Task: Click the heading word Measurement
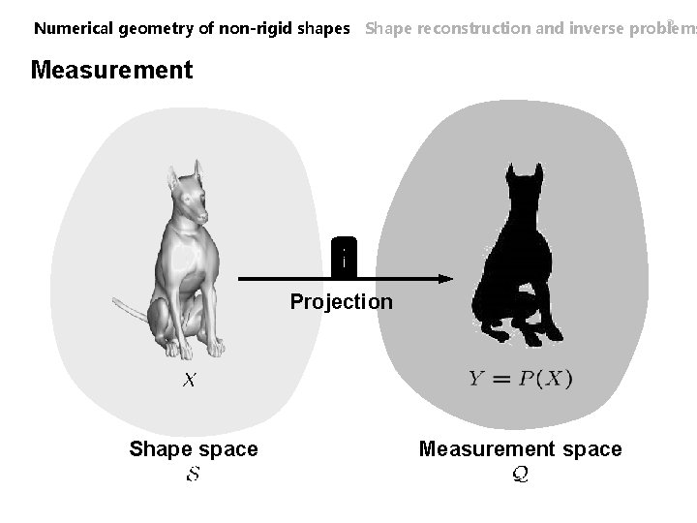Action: pos(112,71)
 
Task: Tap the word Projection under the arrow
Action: pos(342,302)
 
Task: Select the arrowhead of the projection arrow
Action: pos(444,279)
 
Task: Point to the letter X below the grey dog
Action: pos(191,381)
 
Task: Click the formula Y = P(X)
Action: pos(521,379)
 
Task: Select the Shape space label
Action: pos(194,449)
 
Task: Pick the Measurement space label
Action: pos(520,449)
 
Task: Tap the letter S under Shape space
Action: pos(193,476)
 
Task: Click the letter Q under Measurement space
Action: pos(520,476)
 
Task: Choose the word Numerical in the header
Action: pos(75,28)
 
